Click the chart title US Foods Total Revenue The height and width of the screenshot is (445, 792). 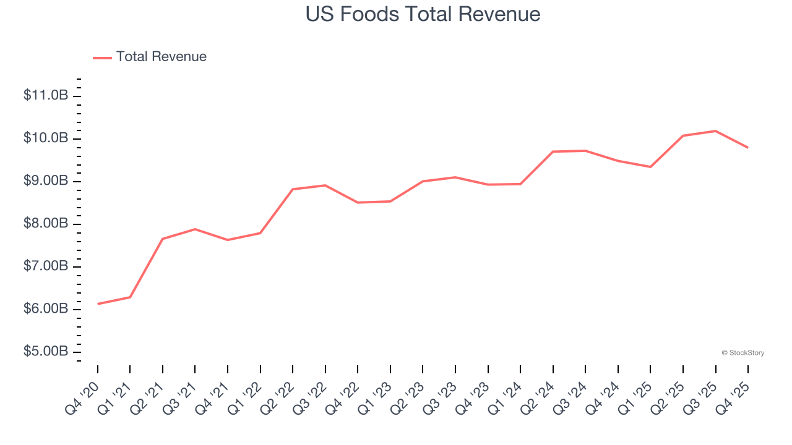point(423,14)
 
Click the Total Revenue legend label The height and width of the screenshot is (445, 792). point(161,57)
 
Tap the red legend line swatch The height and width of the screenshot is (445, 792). point(102,57)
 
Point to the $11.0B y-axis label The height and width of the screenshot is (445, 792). point(46,95)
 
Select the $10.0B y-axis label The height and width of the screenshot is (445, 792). point(46,138)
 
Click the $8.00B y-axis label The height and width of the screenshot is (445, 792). point(46,223)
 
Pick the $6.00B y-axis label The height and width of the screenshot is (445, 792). point(46,308)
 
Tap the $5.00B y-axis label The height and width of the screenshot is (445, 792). point(46,351)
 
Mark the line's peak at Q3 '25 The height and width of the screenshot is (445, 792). point(716,131)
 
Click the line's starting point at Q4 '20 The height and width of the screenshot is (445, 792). point(98,304)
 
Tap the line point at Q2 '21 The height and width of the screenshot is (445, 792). point(163,239)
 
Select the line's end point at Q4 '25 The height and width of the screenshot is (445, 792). point(748,147)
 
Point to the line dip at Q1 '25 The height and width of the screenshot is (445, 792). point(650,167)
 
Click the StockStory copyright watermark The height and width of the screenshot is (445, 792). point(742,353)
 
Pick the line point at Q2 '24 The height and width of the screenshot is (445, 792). point(553,151)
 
